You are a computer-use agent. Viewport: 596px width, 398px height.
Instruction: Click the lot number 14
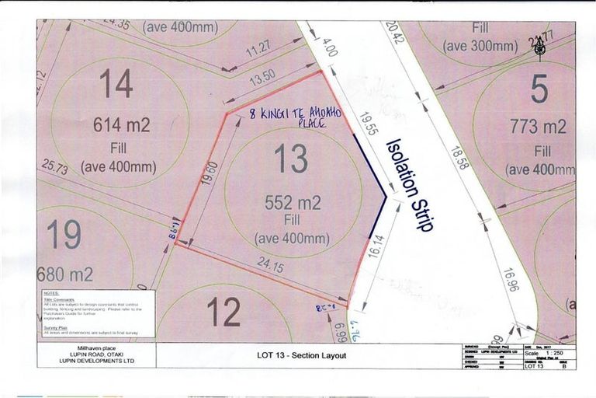click(116, 83)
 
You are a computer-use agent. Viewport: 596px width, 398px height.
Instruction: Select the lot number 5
click(539, 89)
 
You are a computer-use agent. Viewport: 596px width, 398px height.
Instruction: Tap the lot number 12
click(223, 312)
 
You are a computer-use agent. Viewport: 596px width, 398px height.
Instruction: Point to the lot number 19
click(65, 235)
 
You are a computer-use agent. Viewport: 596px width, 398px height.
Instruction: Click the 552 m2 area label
click(293, 204)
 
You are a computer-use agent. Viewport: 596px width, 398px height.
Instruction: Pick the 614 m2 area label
click(122, 124)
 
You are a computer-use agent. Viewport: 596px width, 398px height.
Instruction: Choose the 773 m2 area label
click(538, 127)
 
